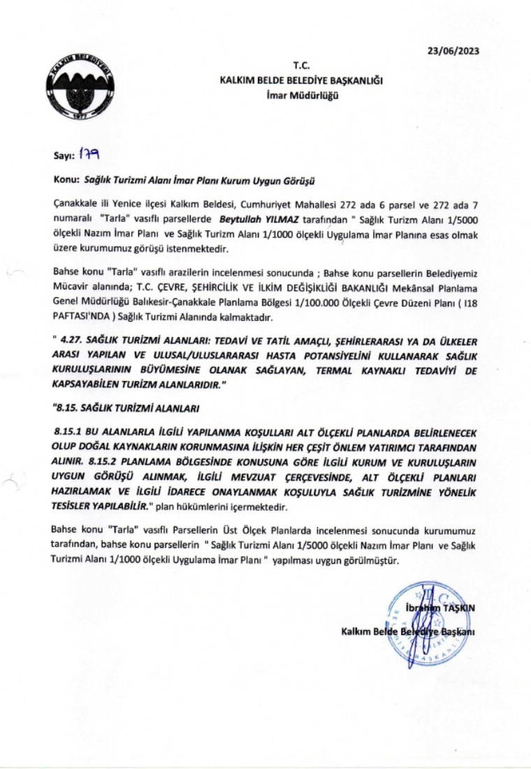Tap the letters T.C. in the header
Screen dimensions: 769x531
tap(301, 66)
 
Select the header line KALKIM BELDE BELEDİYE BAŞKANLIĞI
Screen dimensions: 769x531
tap(301, 81)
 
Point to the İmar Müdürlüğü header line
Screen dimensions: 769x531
tap(301, 95)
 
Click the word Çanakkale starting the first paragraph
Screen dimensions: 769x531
tap(76, 203)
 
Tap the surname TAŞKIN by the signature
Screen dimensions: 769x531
tap(459, 609)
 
